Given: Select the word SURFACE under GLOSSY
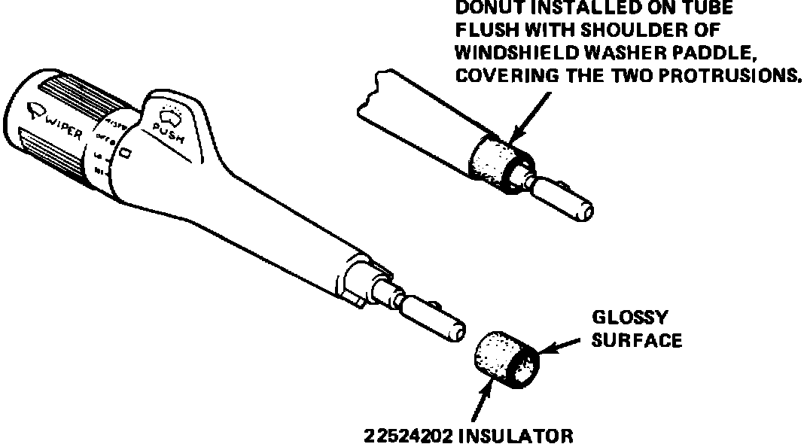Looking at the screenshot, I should [x=637, y=340].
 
